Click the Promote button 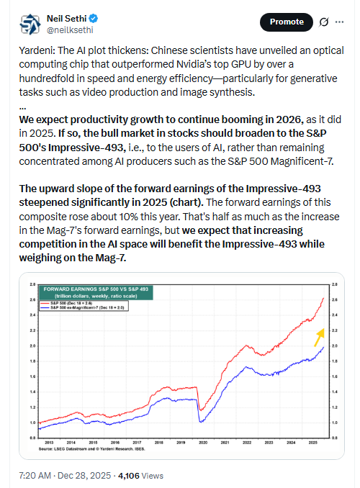pos(287,22)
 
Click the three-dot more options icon pos(342,22)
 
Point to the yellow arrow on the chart pos(318,335)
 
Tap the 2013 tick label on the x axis pos(47,443)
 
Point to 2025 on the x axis pos(313,443)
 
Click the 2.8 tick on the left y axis pos(32,284)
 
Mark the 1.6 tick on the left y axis pos(32,376)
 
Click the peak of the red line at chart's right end pos(322,298)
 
